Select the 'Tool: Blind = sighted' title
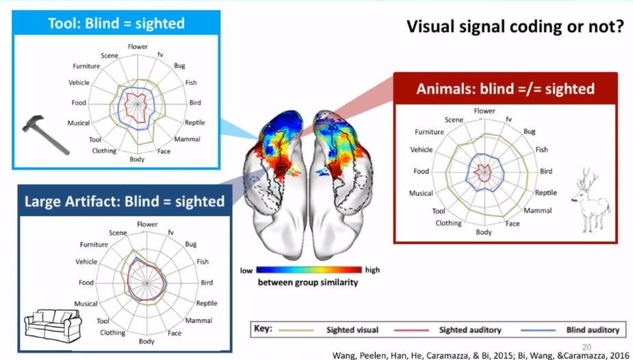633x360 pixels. pyautogui.click(x=116, y=23)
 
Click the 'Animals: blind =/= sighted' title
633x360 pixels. pyautogui.click(x=505, y=89)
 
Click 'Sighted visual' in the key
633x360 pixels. pyautogui.click(x=352, y=329)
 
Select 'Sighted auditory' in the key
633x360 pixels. pyautogui.click(x=469, y=329)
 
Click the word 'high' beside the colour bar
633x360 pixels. pyautogui.click(x=373, y=270)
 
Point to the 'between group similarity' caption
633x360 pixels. pyautogui.click(x=307, y=282)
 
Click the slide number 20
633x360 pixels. pyautogui.click(x=586, y=346)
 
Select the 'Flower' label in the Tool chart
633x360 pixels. pyautogui.click(x=138, y=47)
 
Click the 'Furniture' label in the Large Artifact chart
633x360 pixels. pyautogui.click(x=94, y=244)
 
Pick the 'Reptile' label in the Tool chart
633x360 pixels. pyautogui.click(x=194, y=123)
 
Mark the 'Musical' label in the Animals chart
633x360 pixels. pyautogui.click(x=421, y=193)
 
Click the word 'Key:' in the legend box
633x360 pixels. pyautogui.click(x=263, y=329)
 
